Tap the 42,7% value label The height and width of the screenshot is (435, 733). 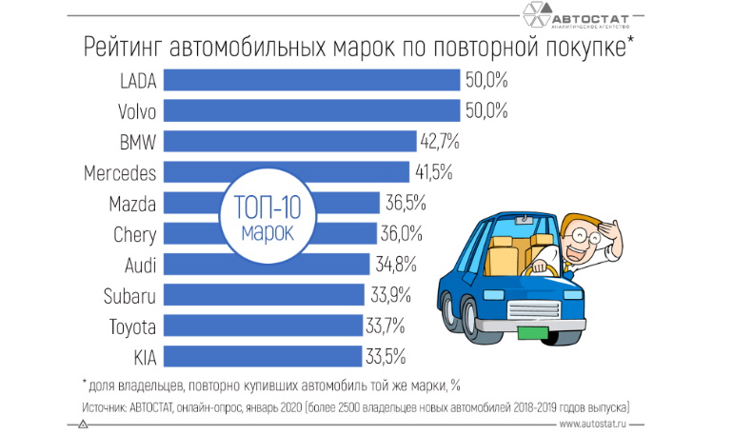pos(440,142)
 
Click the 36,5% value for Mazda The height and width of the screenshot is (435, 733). pos(405,203)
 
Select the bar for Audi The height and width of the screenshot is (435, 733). pos(267,264)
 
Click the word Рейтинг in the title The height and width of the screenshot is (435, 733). pos(123,46)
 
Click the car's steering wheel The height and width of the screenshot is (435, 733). pos(544,267)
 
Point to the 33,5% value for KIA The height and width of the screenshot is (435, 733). pos(386,356)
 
